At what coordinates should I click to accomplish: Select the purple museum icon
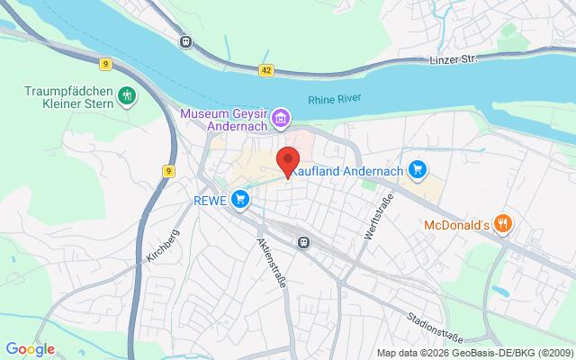[x=281, y=118]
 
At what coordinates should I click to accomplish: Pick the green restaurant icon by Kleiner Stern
[x=127, y=94]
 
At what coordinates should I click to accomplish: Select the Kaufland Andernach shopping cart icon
[x=416, y=168]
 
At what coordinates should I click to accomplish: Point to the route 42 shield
[x=267, y=68]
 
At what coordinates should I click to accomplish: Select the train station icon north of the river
[x=186, y=40]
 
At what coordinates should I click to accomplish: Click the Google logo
[x=30, y=349]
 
